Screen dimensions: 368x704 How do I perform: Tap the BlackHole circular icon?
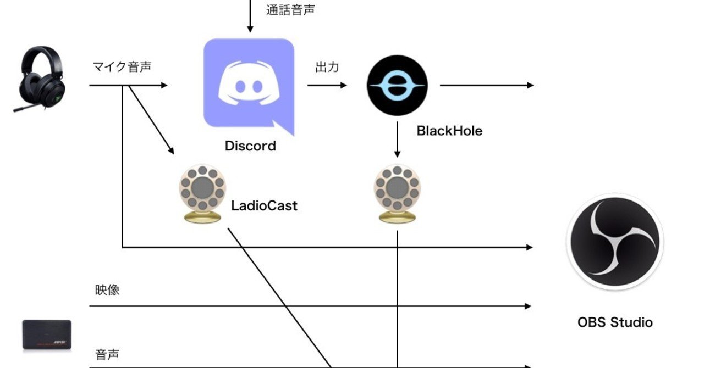(397, 85)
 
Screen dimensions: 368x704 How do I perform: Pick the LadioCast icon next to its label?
(202, 193)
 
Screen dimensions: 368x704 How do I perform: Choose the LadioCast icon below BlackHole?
(397, 193)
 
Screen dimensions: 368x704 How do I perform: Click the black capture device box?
(47, 334)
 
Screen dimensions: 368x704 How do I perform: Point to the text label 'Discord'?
(250, 146)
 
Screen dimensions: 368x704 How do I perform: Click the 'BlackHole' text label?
(449, 131)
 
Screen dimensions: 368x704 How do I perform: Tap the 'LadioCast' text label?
(264, 206)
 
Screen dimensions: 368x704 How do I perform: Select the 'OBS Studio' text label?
(615, 322)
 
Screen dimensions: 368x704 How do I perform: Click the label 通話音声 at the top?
(291, 10)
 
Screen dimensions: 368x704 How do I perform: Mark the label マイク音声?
(122, 67)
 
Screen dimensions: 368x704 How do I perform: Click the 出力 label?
(327, 68)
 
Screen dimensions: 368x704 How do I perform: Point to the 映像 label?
(107, 289)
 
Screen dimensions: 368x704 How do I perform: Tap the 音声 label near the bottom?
(107, 354)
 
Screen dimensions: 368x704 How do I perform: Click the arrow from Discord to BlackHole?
(327, 85)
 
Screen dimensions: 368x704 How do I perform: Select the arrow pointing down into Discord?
(250, 16)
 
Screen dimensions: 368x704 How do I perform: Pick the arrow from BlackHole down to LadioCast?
(397, 140)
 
